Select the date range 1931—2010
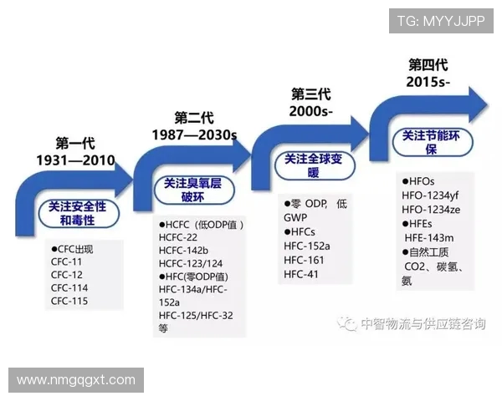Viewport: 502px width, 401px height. (x=75, y=160)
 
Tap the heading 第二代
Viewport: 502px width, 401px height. (x=194, y=117)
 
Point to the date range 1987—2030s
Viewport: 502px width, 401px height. (x=194, y=135)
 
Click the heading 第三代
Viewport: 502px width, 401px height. (x=311, y=94)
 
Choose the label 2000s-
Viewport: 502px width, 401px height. (x=311, y=111)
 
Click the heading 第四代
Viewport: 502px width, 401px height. (x=428, y=64)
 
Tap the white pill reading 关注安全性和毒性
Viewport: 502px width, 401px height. (x=77, y=212)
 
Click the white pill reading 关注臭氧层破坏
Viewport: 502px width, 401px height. (x=193, y=190)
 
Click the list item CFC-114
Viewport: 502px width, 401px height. (x=69, y=288)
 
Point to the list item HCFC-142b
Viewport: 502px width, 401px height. (x=183, y=250)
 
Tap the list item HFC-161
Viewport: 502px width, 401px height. (x=304, y=260)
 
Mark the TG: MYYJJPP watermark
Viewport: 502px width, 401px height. (x=441, y=21)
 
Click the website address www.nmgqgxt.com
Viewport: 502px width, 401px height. (x=76, y=380)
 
